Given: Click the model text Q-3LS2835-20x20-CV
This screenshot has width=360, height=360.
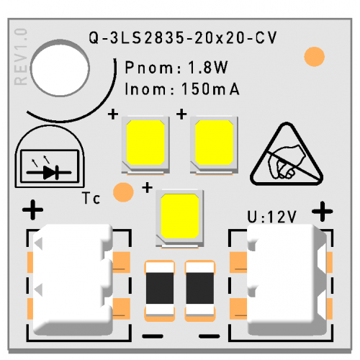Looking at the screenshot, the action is pyautogui.click(x=183, y=38).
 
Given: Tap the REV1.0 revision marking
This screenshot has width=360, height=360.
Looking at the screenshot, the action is pyautogui.click(x=21, y=57).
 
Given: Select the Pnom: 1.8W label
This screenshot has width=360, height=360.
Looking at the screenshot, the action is pyautogui.click(x=176, y=68).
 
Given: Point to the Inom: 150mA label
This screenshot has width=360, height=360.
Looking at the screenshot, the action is pyautogui.click(x=182, y=89).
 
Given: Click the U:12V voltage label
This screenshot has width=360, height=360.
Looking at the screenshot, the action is pyautogui.click(x=272, y=217).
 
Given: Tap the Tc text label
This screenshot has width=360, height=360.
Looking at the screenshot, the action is pyautogui.click(x=91, y=198).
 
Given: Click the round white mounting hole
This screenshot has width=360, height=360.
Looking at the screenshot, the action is pyautogui.click(x=60, y=68).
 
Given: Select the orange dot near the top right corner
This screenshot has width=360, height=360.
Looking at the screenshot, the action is pyautogui.click(x=314, y=57).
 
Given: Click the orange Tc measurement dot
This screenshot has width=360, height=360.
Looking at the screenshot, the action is pyautogui.click(x=123, y=192).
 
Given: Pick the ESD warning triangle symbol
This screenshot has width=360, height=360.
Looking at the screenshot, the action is pyautogui.click(x=287, y=155).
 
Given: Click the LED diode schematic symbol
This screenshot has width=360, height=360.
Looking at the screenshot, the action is pyautogui.click(x=50, y=166).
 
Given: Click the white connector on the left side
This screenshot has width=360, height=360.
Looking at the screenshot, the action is pyautogui.click(x=73, y=279).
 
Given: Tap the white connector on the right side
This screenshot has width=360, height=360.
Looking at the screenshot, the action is pyautogui.click(x=287, y=279).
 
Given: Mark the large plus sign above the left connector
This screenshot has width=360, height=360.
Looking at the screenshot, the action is pyautogui.click(x=32, y=210).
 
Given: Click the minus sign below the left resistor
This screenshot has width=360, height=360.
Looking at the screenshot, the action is pyautogui.click(x=153, y=336).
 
